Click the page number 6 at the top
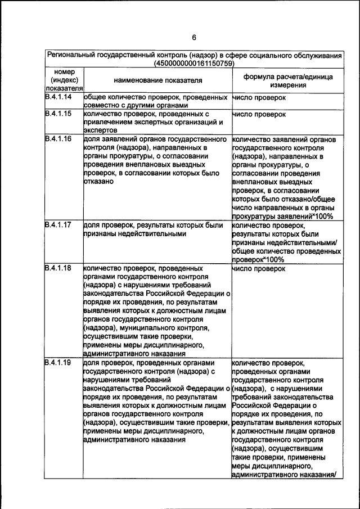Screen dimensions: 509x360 point(193,38)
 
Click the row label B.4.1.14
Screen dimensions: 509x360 point(58,97)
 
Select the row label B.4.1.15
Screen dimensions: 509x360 point(58,114)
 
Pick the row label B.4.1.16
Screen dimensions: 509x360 point(58,139)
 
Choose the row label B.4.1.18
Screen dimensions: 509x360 point(58,268)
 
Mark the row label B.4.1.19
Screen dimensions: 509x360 point(58,363)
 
